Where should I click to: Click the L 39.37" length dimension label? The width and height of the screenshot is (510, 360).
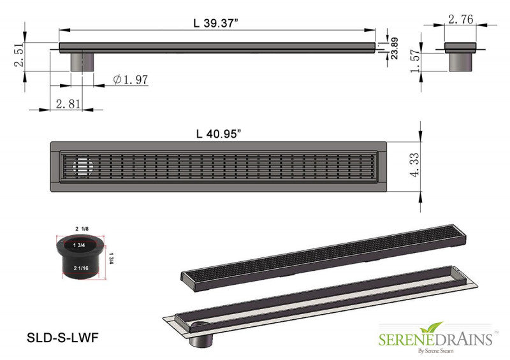(x=217, y=23)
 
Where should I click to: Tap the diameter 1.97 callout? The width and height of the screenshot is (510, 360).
(x=131, y=79)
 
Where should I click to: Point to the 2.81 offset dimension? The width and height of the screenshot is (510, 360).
(x=68, y=103)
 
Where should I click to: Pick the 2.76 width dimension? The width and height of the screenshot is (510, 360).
(x=460, y=20)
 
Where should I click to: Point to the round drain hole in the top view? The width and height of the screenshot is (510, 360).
(x=83, y=167)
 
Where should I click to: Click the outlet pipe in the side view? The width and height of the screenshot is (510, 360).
(x=82, y=62)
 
